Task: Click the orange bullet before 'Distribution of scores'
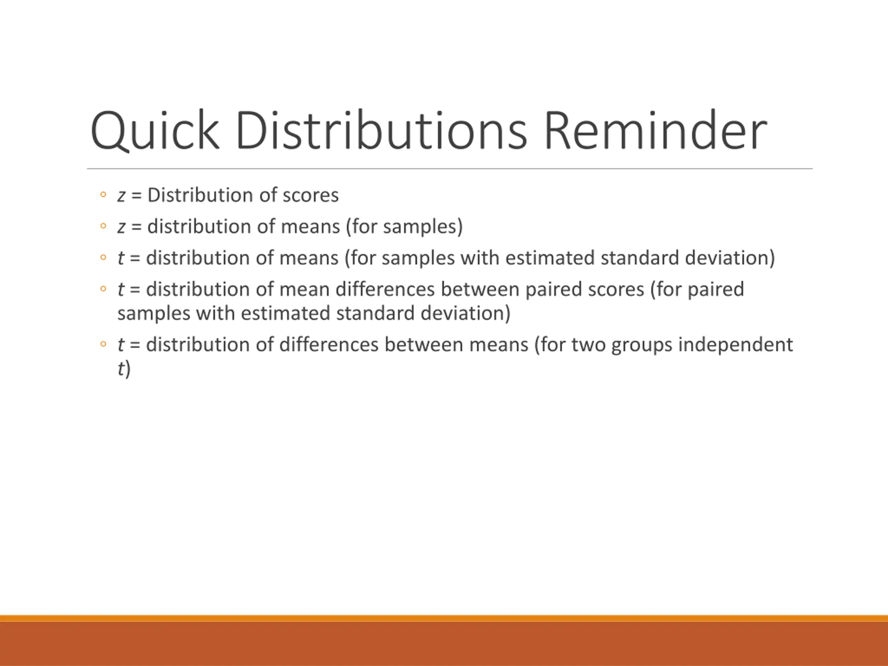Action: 103,195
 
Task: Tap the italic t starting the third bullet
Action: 121,258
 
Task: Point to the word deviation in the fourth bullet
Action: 462,314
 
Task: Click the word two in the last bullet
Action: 589,345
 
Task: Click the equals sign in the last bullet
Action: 135,345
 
